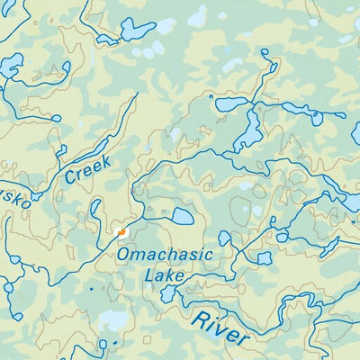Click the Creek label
88,168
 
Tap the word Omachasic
165,255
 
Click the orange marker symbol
121,232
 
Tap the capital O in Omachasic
124,256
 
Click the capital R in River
198,317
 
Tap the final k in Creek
106,161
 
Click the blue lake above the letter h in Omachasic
182,217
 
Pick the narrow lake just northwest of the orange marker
95,209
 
